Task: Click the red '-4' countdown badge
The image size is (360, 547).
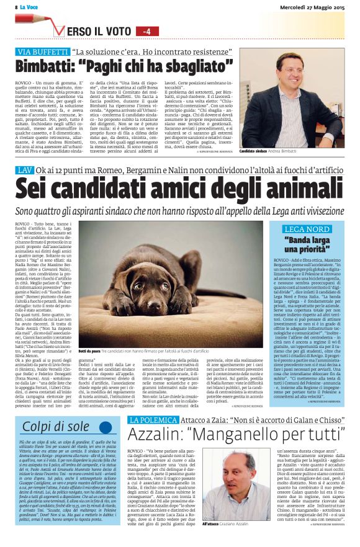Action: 146,31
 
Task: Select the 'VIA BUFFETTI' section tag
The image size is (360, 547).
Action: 42,52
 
